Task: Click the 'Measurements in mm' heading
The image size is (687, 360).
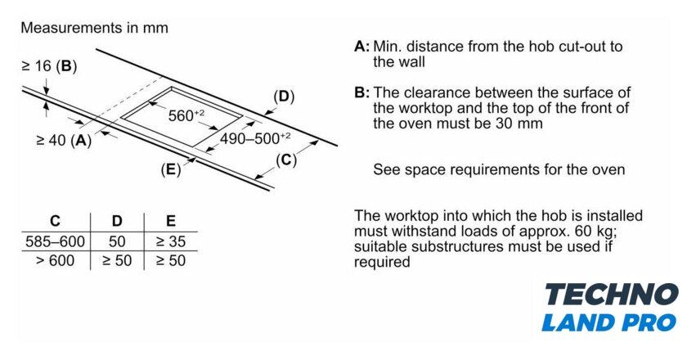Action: tap(94, 28)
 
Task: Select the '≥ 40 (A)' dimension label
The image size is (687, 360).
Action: tap(64, 140)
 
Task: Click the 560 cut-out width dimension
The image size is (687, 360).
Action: tap(186, 115)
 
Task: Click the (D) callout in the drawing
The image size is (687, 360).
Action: tap(283, 97)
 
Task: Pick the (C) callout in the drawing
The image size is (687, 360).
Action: tap(285, 160)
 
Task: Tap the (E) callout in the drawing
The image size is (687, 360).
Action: tap(171, 170)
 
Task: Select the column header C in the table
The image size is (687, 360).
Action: tap(55, 221)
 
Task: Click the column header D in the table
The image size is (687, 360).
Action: tap(116, 221)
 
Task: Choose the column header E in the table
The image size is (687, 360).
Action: tap(170, 221)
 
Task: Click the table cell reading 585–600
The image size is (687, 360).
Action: tap(55, 241)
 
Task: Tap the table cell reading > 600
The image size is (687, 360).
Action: tap(55, 261)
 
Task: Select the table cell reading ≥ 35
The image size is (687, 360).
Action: tap(170, 241)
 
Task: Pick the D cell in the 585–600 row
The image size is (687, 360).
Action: tap(116, 241)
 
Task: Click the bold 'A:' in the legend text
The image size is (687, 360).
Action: tap(361, 47)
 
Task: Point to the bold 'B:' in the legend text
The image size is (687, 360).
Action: tap(361, 93)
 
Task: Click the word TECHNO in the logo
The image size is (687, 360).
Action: tap(611, 295)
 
